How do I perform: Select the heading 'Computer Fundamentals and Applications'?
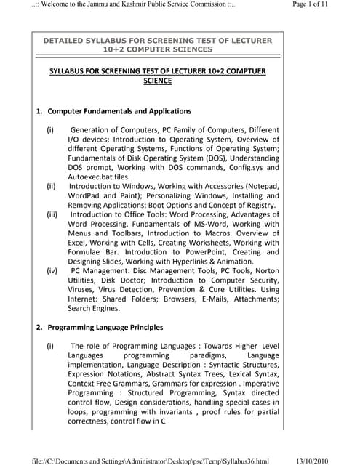pyautogui.click(x=119, y=111)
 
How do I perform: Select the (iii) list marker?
pyautogui.click(x=52, y=214)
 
